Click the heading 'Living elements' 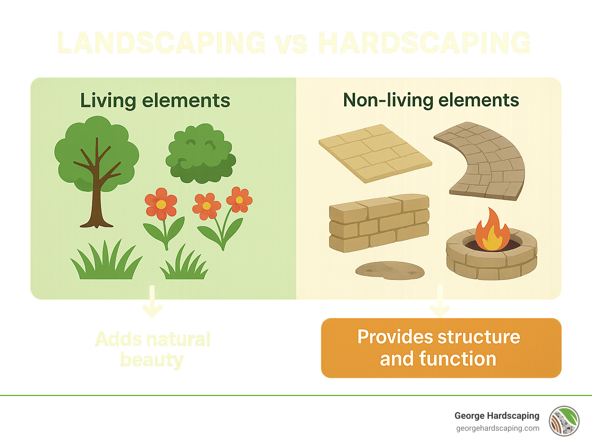[x=155, y=101]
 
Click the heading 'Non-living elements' [x=431, y=100]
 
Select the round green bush [x=200, y=154]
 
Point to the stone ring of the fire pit [x=491, y=262]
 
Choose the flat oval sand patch [x=389, y=270]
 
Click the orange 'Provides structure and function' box [x=441, y=348]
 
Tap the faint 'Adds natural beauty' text [x=153, y=349]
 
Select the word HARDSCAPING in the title [x=424, y=43]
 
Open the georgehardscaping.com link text [x=498, y=428]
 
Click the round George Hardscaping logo [x=564, y=421]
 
